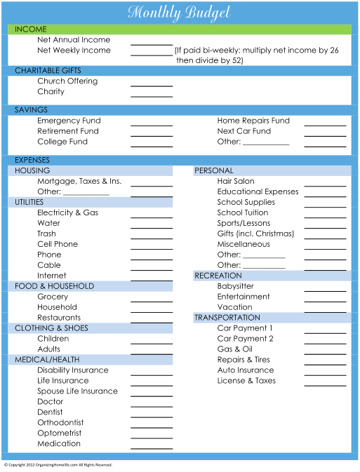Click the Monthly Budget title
(179, 13)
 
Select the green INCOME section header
(180, 29)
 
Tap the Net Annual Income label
(74, 40)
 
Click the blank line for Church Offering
(152, 86)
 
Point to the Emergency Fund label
(69, 121)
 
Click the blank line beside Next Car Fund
(325, 136)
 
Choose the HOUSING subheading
(32, 170)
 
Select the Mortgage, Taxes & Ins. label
(79, 181)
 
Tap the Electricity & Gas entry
(68, 213)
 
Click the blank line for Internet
(152, 281)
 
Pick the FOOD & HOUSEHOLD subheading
(55, 286)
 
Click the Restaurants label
(59, 318)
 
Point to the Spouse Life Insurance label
(77, 391)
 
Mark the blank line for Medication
(152, 449)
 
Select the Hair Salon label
(236, 181)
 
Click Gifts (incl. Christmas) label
(255, 234)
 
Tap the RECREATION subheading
(218, 276)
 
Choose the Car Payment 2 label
(245, 339)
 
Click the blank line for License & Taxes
(325, 386)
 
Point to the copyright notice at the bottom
(58, 465)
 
